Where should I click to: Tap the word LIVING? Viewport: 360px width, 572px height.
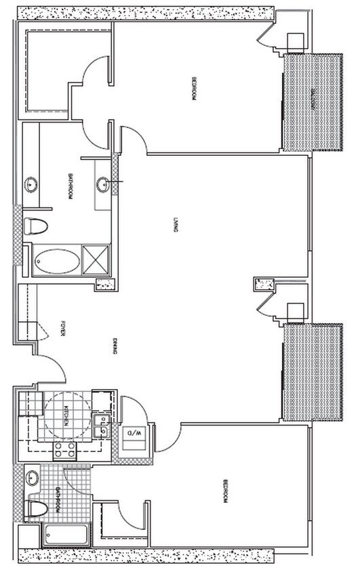tap(175, 224)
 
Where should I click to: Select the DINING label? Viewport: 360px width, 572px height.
tap(117, 348)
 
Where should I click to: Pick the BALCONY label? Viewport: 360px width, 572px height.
tap(313, 100)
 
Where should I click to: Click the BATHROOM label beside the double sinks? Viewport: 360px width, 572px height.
tap(70, 187)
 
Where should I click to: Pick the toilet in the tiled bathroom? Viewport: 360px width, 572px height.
tap(36, 508)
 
